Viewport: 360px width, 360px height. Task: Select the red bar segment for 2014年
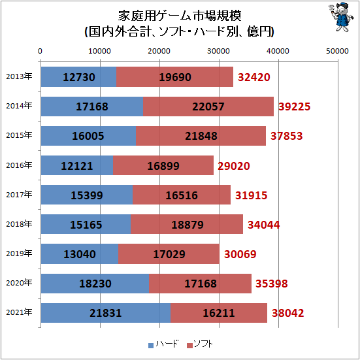point(208,106)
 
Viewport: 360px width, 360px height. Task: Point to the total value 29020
point(235,165)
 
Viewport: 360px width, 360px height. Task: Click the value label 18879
point(186,224)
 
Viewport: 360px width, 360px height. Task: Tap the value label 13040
point(79,254)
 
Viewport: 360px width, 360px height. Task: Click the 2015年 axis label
point(19,135)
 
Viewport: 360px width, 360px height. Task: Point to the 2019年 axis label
point(19,253)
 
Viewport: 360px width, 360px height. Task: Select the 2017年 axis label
point(19,194)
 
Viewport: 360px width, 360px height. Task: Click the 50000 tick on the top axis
point(338,51)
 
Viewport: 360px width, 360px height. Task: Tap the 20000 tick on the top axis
point(159,51)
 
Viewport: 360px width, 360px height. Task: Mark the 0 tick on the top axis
point(41,51)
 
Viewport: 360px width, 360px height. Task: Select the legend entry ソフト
point(199,344)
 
